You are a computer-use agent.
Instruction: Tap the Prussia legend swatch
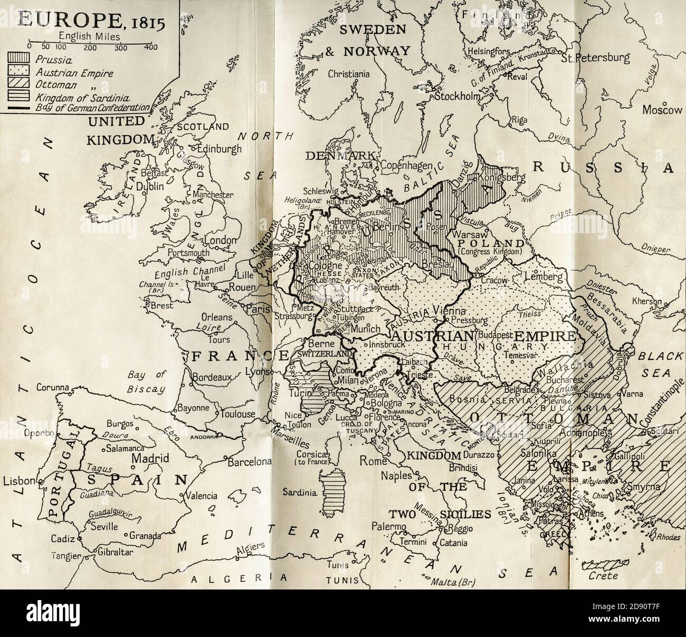(20, 60)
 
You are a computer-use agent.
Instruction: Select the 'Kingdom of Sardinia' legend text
(74, 97)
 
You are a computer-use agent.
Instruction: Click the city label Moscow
(662, 110)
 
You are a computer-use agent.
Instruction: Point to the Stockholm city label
(457, 97)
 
